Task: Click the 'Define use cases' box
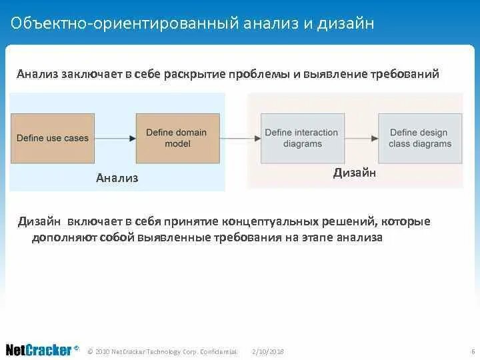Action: [x=52, y=138]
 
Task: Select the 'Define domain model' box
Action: [x=177, y=138]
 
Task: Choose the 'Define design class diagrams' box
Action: [x=420, y=138]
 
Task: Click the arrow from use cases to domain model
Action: [x=115, y=138]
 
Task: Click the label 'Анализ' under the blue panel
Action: [x=117, y=177]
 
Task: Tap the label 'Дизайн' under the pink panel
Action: [x=355, y=173]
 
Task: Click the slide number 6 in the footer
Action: [x=471, y=351]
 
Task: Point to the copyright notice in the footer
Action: [x=162, y=351]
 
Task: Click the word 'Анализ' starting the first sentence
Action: [x=37, y=74]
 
